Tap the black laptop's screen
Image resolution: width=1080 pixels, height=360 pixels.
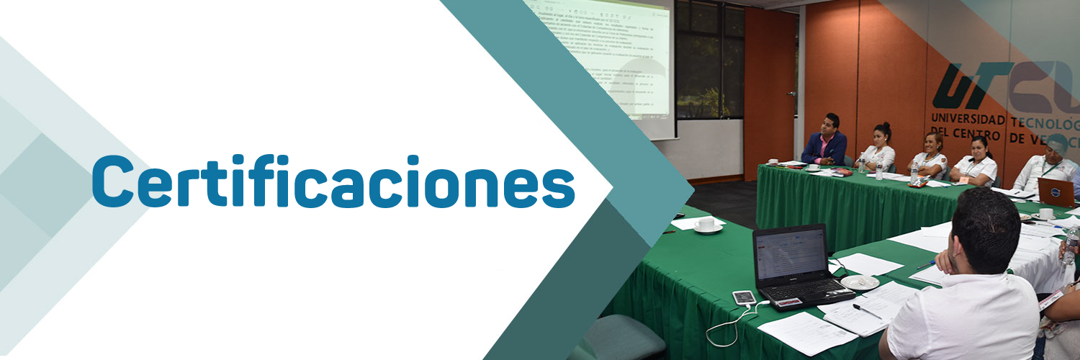coord(790,254)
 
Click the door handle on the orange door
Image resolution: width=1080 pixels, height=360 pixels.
coord(791,94)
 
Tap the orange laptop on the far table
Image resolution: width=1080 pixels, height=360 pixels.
coord(1056,192)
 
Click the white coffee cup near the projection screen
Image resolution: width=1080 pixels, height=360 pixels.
coord(707,225)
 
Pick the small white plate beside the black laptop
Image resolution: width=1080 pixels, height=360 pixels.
coord(860,282)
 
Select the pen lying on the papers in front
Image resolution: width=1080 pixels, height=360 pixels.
coord(867,311)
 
